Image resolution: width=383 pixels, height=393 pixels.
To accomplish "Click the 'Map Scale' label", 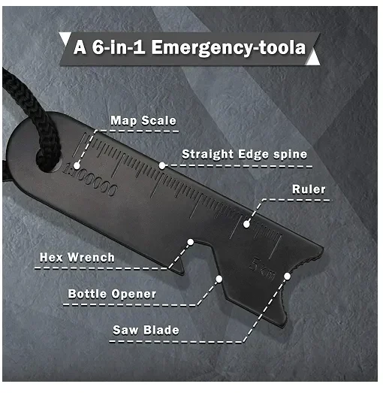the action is click(x=143, y=121).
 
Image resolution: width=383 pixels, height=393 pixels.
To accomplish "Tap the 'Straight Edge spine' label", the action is click(x=244, y=154).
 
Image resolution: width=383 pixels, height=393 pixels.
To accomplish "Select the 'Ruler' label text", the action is click(x=309, y=189).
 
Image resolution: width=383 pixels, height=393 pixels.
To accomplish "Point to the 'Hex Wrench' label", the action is click(x=77, y=258).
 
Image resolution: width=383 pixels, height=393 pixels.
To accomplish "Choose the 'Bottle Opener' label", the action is click(x=112, y=294).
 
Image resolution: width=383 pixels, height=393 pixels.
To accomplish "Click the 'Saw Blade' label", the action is click(x=146, y=330).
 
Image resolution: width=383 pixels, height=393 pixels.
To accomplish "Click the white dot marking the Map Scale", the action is click(x=77, y=165).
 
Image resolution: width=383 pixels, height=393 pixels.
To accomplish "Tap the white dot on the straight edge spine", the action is click(x=162, y=165).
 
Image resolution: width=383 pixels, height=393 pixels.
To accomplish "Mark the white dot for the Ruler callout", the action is click(x=246, y=224).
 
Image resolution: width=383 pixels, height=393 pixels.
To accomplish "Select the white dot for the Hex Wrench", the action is click(x=191, y=242).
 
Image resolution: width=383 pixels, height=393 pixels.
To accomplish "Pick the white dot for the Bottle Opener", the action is click(x=219, y=279).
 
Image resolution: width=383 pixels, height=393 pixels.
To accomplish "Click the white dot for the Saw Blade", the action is click(x=288, y=277).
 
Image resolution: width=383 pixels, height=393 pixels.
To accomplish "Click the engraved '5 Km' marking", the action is click(x=263, y=268).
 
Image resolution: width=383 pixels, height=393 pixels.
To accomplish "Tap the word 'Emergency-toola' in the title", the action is click(x=228, y=47).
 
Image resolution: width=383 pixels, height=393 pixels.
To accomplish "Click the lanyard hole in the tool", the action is click(x=49, y=160).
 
